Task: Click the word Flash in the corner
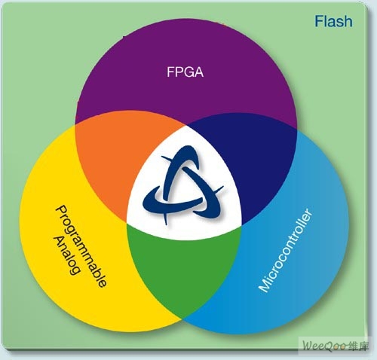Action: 333,21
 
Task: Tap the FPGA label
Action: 185,72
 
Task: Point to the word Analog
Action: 67,255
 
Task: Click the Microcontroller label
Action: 286,250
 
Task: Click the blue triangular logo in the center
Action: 183,185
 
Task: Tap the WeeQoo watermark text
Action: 325,346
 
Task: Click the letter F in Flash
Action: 319,21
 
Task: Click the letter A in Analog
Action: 59,241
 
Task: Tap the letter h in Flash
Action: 348,21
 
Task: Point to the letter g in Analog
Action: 74,270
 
